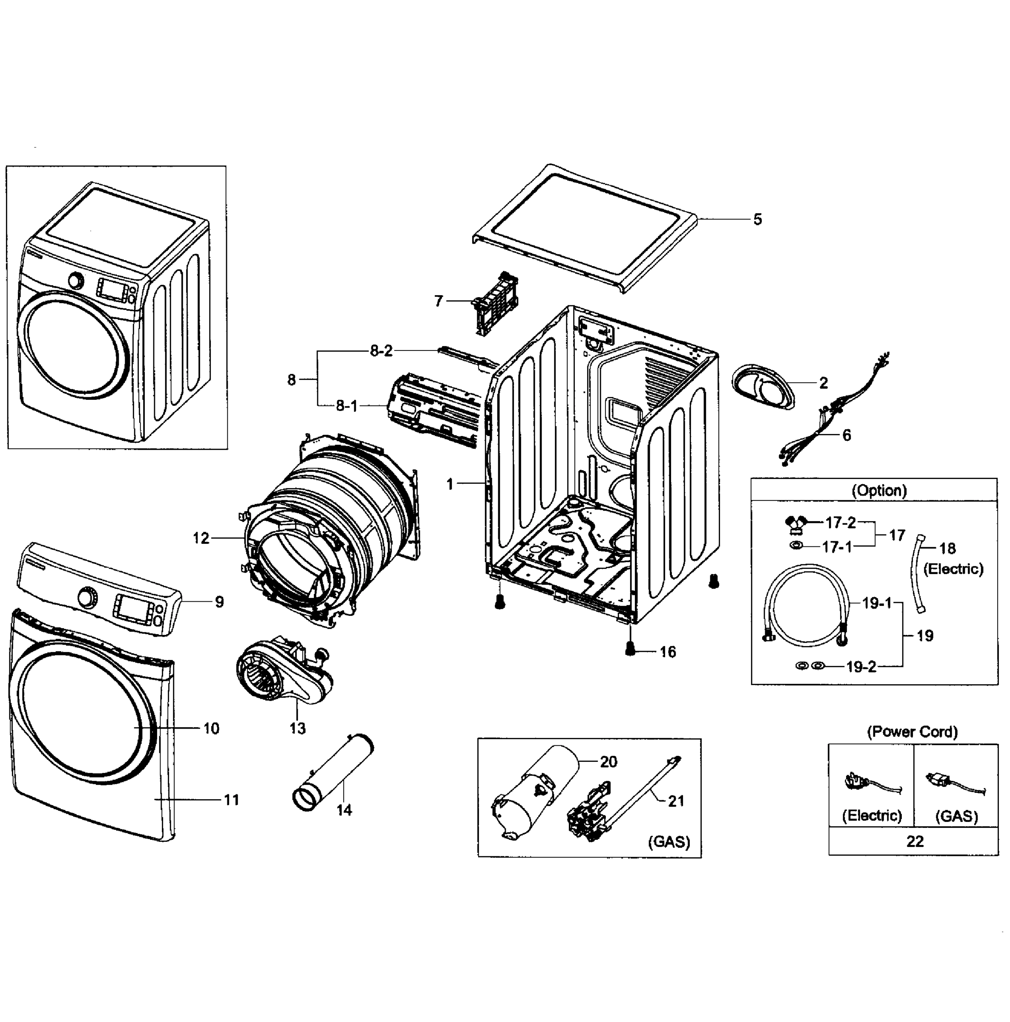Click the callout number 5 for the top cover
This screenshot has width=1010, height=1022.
757,220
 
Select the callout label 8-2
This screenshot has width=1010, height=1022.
381,351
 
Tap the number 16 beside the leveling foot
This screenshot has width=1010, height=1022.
668,652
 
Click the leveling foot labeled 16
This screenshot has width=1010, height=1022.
630,648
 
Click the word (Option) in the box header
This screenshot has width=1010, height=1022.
879,491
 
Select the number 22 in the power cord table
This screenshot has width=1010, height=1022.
915,841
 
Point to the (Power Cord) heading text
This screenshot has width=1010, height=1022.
912,732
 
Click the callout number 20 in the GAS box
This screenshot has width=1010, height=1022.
608,762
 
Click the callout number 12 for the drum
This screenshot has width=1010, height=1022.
201,538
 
